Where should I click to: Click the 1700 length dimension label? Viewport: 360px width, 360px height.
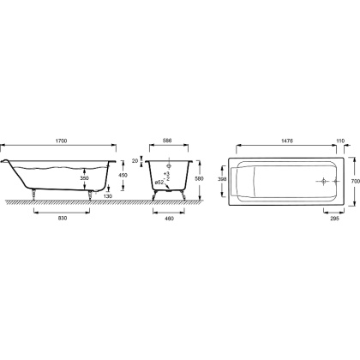61,141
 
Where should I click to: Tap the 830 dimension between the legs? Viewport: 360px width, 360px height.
63,219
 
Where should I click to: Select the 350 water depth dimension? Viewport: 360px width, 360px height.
84,178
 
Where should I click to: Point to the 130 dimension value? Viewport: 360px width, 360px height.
108,196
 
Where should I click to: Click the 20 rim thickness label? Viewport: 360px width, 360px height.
135,161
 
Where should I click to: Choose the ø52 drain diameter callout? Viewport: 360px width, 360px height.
159,182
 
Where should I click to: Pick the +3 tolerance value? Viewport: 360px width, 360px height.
167,174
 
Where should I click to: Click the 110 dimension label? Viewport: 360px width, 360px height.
340,141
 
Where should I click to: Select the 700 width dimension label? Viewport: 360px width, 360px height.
356,181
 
